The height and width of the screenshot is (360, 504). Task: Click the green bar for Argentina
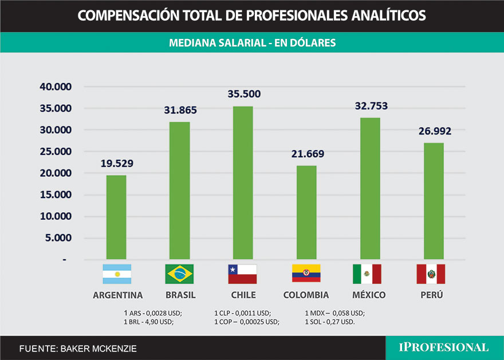click(116, 217)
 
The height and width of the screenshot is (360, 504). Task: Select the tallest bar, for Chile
click(243, 183)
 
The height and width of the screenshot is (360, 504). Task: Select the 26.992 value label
click(434, 131)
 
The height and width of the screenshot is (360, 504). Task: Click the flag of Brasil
click(179, 274)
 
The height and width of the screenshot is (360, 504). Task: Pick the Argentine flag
click(117, 274)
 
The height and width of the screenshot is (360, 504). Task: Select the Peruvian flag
click(431, 274)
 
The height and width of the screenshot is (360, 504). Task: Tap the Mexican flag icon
click(367, 274)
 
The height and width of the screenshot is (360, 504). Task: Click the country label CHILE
click(243, 295)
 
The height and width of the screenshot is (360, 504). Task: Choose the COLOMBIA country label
click(306, 295)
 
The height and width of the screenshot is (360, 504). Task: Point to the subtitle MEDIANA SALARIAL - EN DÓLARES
click(252, 42)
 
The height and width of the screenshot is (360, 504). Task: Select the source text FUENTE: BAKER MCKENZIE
click(78, 348)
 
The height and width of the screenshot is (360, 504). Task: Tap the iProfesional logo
click(444, 347)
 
